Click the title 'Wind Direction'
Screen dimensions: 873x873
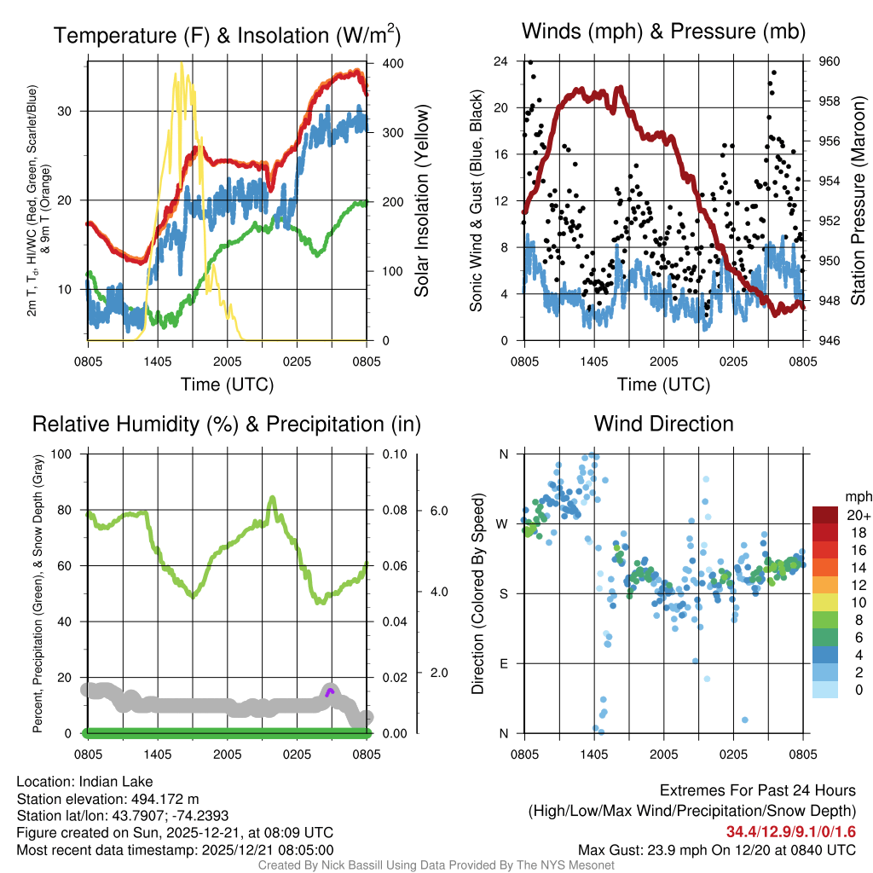663,424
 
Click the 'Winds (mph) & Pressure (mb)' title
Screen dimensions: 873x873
663,32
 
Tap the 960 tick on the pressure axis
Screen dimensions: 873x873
830,61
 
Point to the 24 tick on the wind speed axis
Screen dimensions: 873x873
501,61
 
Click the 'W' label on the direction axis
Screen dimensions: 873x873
503,523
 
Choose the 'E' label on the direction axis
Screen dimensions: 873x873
503,663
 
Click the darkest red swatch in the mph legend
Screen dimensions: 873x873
825,515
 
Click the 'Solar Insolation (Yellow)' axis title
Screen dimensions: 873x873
421,200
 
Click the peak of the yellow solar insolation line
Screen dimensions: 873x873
181,64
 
